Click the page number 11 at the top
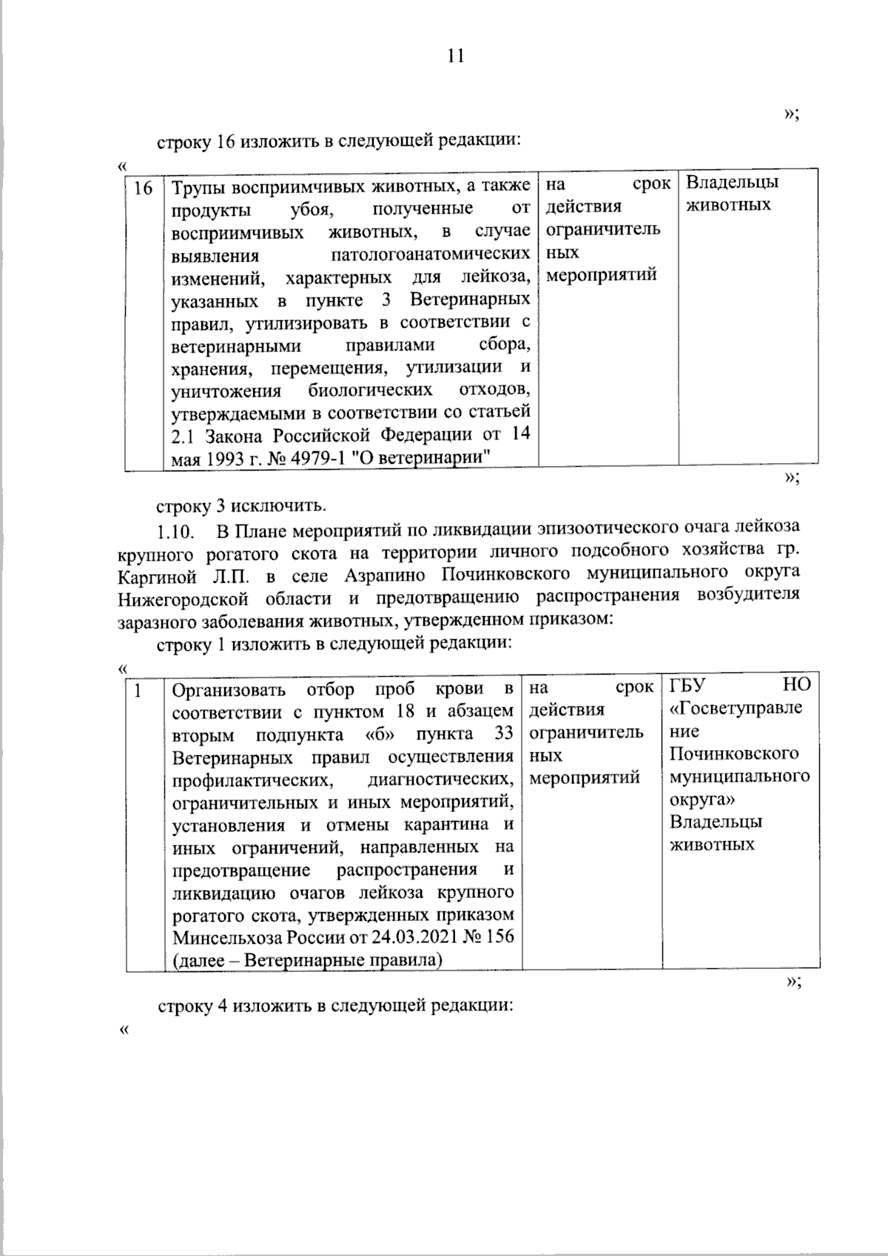point(455,57)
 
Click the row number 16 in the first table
point(142,188)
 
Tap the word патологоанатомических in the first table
point(430,255)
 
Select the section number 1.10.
point(176,531)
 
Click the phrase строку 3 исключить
point(240,506)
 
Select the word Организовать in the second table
point(229,690)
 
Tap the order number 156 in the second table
point(500,937)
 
